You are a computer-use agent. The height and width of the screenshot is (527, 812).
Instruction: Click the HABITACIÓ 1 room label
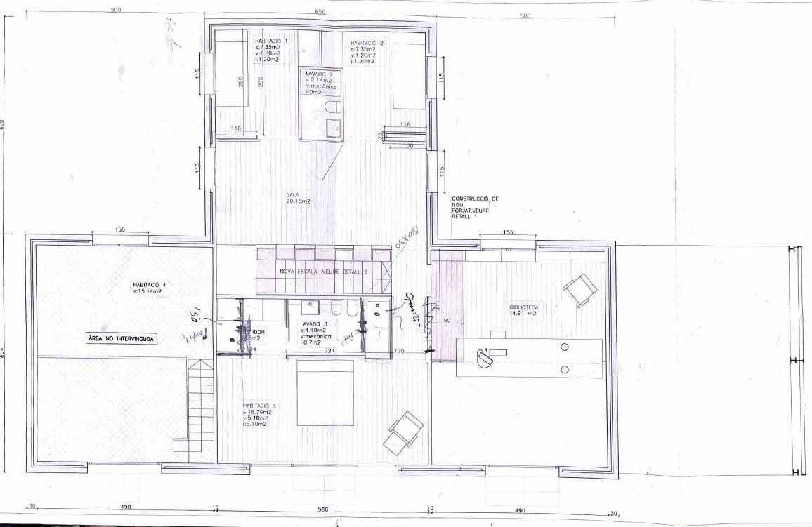point(266,42)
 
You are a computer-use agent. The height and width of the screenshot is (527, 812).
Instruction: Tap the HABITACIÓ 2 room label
point(366,44)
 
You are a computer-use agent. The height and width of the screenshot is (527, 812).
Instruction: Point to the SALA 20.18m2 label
point(298,198)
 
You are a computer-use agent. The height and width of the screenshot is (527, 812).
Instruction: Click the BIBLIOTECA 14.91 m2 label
point(523,310)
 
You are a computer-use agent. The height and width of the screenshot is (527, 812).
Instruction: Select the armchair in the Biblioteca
point(580,289)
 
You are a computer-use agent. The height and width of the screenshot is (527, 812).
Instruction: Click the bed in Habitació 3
point(325,392)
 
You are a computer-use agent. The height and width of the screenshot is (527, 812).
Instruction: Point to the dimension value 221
point(328,353)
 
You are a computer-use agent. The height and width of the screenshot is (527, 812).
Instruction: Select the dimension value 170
point(400,351)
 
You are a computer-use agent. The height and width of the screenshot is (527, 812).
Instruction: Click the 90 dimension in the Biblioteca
point(446,320)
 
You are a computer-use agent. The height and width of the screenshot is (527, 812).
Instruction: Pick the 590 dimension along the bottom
point(323,509)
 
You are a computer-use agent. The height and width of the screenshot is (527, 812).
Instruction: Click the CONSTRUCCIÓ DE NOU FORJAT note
point(475,208)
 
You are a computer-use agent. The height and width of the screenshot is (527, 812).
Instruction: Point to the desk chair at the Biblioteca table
point(485,358)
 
